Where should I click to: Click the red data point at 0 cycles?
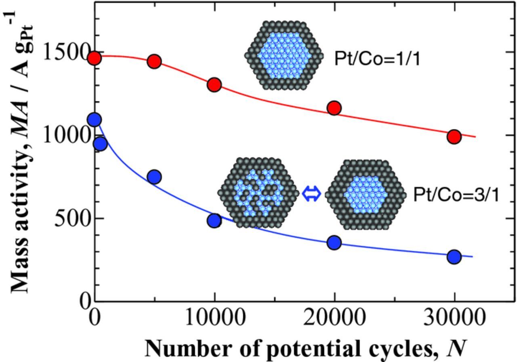[x=94, y=58]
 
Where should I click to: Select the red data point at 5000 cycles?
[x=154, y=61]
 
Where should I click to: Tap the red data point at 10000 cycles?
[x=214, y=85]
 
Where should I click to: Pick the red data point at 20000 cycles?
[x=334, y=108]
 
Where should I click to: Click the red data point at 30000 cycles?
[x=454, y=137]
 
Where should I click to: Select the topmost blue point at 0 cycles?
[x=94, y=120]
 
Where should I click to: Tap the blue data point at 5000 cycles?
[x=154, y=177]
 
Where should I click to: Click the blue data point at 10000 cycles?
[x=214, y=220]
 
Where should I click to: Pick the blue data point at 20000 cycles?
[x=334, y=242]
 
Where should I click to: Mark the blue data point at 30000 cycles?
[x=454, y=257]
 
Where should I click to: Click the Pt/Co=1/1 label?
[x=377, y=59]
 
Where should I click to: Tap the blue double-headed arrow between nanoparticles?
[x=311, y=194]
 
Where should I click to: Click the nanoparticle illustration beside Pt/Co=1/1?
[x=284, y=55]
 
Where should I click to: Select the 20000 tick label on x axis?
[x=334, y=318]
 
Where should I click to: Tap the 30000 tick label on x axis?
[x=454, y=318]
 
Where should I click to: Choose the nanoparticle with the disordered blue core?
[x=258, y=192]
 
